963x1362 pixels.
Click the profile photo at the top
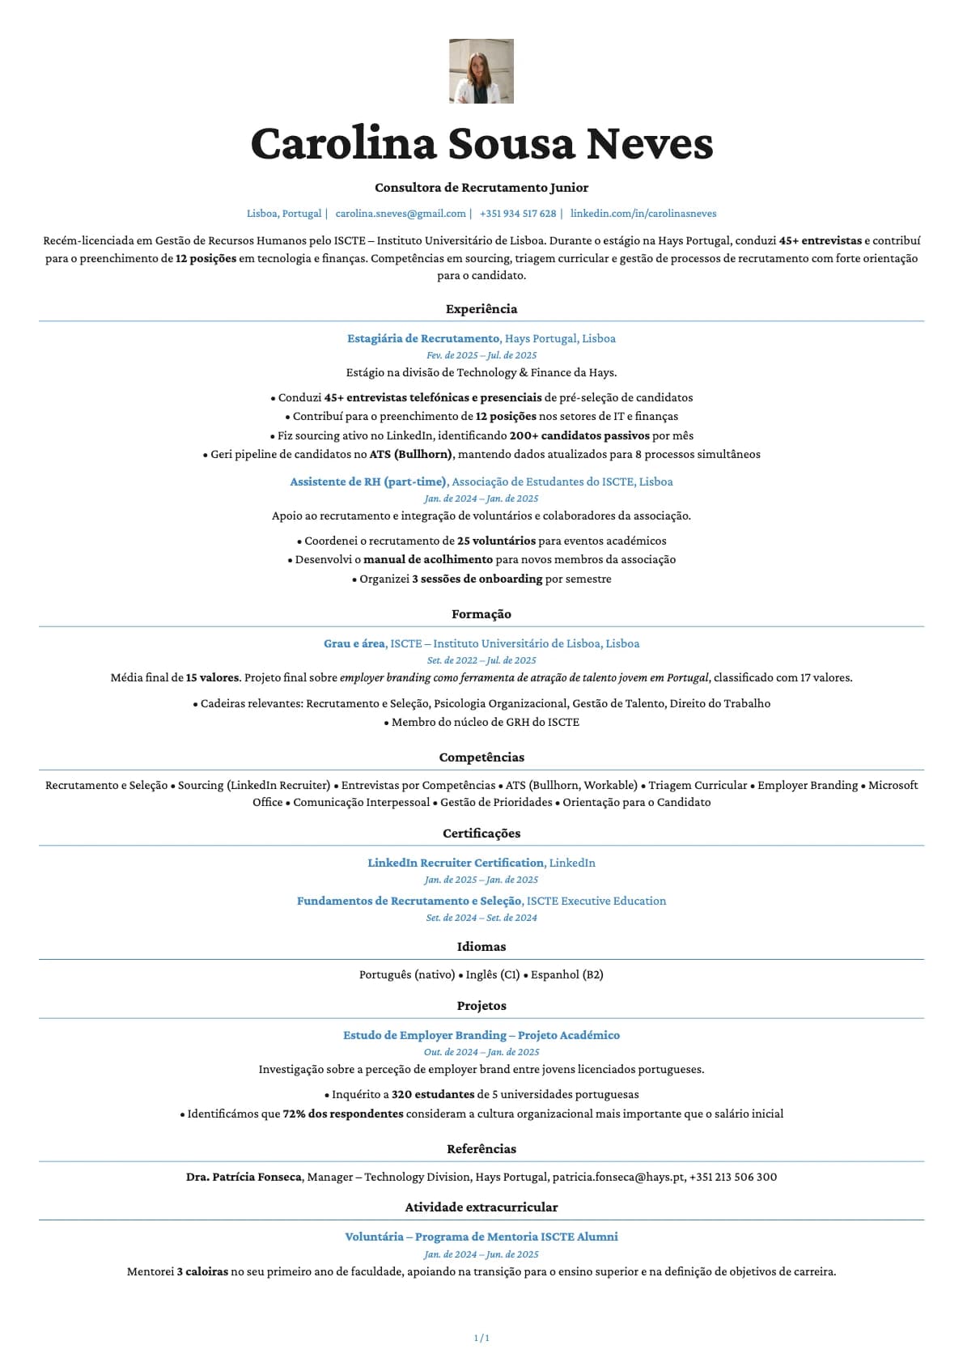click(481, 71)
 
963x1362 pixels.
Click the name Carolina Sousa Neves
click(481, 143)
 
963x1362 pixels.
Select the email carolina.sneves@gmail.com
click(401, 214)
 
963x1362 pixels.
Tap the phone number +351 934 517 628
click(518, 214)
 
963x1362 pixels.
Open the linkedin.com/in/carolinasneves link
click(643, 214)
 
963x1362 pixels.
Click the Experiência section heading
click(481, 309)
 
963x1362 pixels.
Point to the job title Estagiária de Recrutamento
click(423, 338)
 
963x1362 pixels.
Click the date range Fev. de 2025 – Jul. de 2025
click(481, 355)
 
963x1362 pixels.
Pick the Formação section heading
click(481, 614)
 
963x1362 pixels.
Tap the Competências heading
click(481, 757)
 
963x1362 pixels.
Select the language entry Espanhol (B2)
click(567, 974)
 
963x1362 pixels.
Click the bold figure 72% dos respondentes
click(343, 1114)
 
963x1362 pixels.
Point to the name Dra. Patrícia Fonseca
click(244, 1177)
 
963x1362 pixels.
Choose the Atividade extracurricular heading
click(481, 1207)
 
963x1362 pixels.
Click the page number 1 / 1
click(481, 1338)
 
